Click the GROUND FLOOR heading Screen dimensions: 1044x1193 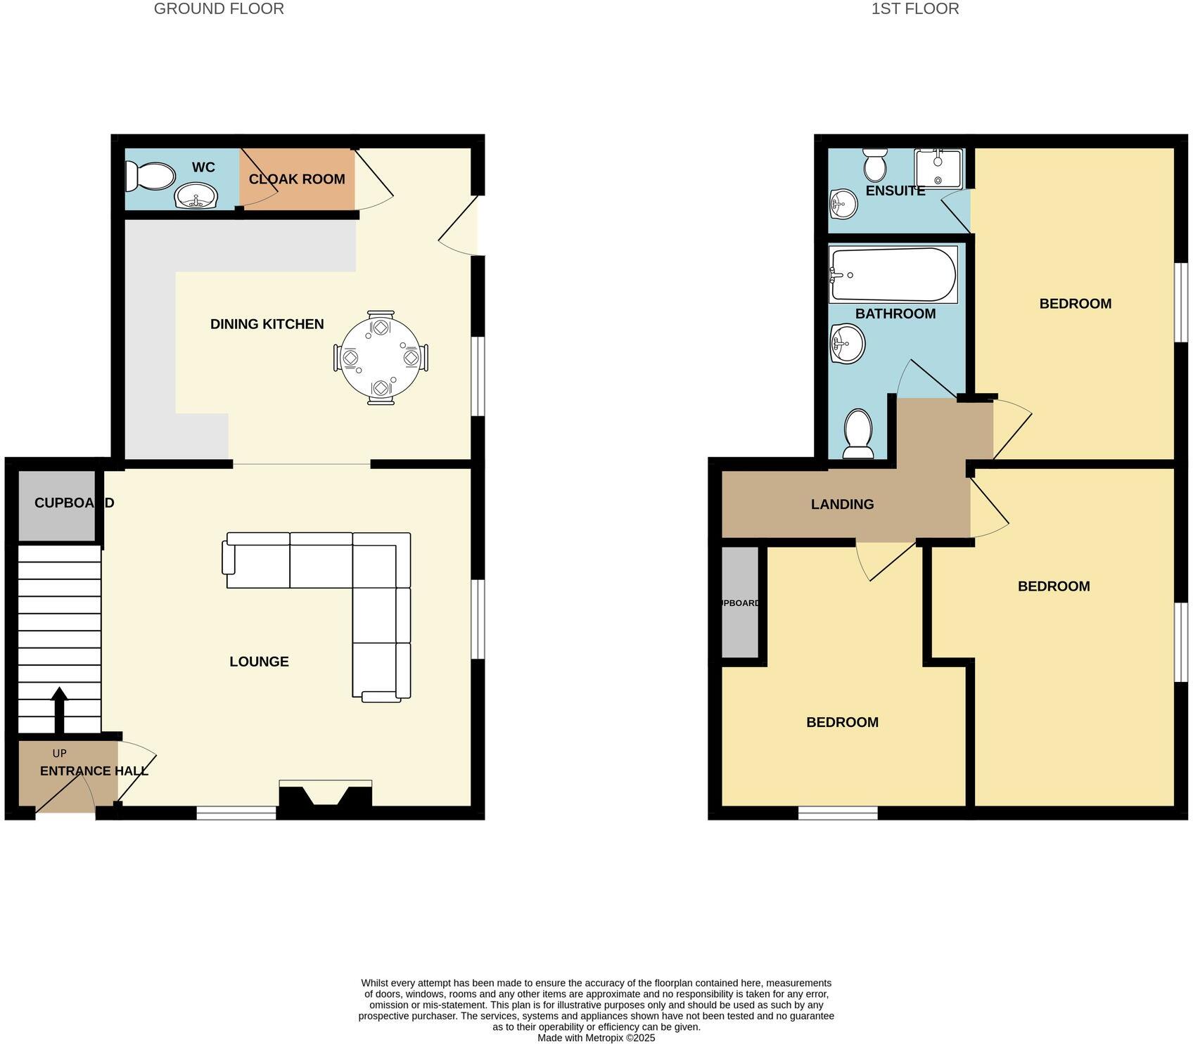click(x=219, y=9)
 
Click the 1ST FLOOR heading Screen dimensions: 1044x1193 click(x=914, y=9)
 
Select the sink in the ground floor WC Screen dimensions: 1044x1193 click(x=196, y=196)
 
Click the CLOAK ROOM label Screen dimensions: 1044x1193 click(x=297, y=179)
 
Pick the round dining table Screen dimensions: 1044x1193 click(x=381, y=358)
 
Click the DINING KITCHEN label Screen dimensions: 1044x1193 click(x=267, y=324)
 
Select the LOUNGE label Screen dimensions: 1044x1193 click(x=259, y=662)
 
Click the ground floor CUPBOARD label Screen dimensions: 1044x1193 click(x=74, y=503)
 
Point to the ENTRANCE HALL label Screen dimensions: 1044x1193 click(x=94, y=771)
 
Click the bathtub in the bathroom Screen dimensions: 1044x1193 click(x=893, y=275)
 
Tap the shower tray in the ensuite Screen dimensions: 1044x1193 click(x=938, y=168)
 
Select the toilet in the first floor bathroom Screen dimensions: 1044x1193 click(x=858, y=432)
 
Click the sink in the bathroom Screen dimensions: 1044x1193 click(x=847, y=344)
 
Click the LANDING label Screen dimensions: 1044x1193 click(x=842, y=504)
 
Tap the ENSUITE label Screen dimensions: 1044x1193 click(x=895, y=191)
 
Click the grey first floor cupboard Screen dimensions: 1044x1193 click(x=740, y=602)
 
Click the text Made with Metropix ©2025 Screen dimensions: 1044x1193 click(x=596, y=1038)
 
